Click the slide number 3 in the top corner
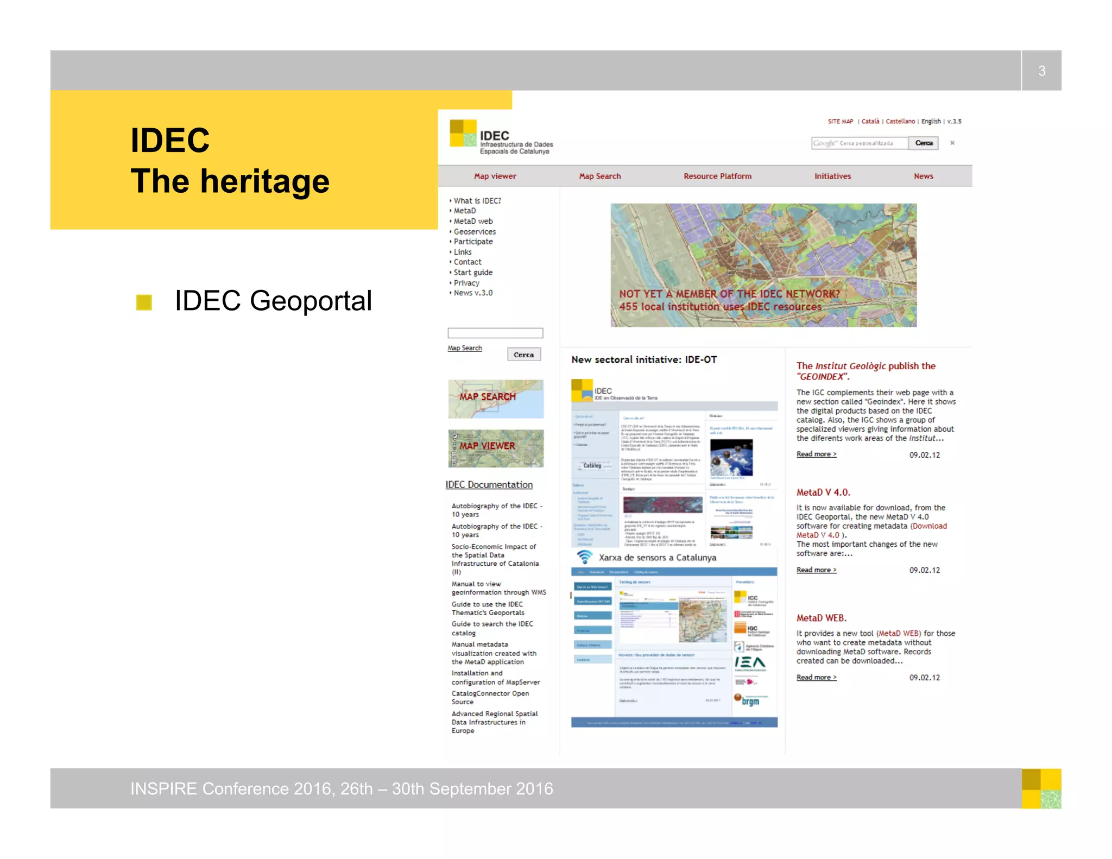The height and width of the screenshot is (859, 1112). pyautogui.click(x=1041, y=71)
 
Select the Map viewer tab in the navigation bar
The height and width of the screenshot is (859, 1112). pyautogui.click(x=495, y=176)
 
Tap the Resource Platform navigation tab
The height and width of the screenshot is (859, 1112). pyautogui.click(x=717, y=176)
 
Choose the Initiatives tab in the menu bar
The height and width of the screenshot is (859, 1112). pyautogui.click(x=832, y=176)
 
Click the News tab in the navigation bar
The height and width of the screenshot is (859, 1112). pyautogui.click(x=923, y=176)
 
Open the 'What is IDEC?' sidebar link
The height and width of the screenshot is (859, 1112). pyautogui.click(x=477, y=201)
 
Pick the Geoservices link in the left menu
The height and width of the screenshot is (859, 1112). pyautogui.click(x=475, y=232)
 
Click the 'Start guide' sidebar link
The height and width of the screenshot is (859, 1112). pyautogui.click(x=473, y=273)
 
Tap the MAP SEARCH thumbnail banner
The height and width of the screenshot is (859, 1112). pyautogui.click(x=496, y=399)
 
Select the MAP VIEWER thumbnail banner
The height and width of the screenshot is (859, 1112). pyautogui.click(x=496, y=448)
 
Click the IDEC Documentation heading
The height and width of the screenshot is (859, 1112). pyautogui.click(x=489, y=485)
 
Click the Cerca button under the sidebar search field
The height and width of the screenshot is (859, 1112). pyautogui.click(x=523, y=355)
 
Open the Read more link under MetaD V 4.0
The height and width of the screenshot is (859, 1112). pyautogui.click(x=816, y=570)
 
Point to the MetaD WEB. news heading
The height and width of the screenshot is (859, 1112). pyautogui.click(x=821, y=618)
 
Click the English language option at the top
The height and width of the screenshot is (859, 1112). pyautogui.click(x=931, y=122)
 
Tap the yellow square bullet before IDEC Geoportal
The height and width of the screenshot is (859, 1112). pyautogui.click(x=144, y=302)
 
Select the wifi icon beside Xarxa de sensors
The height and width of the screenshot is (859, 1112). pyautogui.click(x=584, y=557)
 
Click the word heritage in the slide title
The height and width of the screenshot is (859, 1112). pyautogui.click(x=264, y=181)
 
